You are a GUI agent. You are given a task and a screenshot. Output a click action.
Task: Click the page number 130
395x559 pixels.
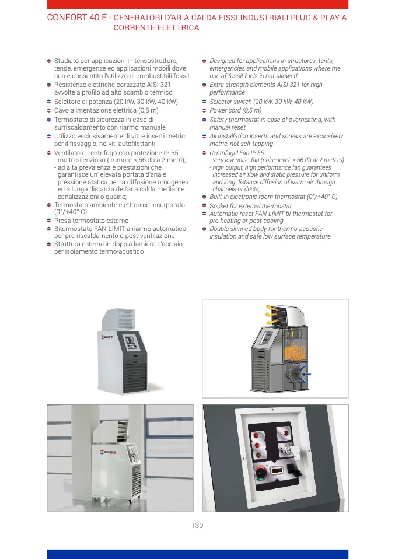197,525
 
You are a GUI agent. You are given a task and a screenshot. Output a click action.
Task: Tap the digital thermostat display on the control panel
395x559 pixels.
277,470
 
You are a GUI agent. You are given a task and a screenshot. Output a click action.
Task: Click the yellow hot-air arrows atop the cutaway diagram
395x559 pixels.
272,314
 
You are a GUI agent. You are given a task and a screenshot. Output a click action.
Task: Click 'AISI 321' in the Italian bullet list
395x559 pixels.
158,85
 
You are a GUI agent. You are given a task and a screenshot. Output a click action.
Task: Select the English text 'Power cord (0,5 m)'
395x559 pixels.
235,110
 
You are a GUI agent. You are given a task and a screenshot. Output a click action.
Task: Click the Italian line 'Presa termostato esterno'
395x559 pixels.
91,221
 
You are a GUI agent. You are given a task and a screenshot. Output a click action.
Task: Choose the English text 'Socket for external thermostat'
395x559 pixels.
250,206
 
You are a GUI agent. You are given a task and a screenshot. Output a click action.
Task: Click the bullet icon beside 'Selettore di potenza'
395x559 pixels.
49,102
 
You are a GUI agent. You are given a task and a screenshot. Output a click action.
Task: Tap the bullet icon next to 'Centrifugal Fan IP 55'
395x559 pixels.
204,153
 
